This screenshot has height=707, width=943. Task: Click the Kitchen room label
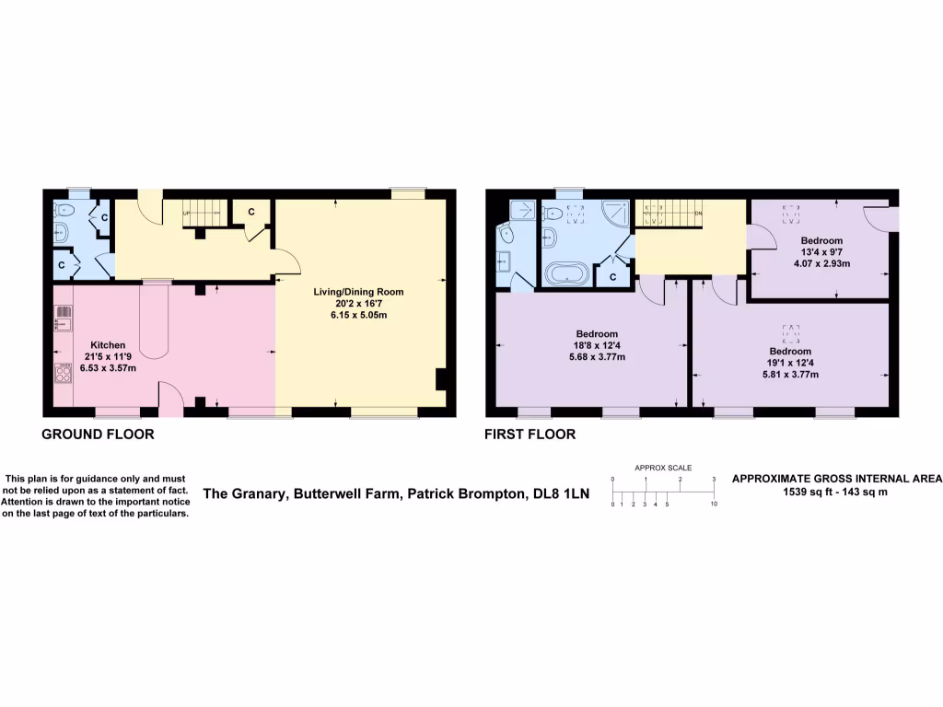click(108, 345)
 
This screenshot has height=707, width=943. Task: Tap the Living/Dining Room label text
click(358, 292)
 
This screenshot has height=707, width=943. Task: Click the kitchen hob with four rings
click(64, 374)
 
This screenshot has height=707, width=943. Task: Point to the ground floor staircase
click(204, 213)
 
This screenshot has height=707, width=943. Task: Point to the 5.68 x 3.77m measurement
click(597, 357)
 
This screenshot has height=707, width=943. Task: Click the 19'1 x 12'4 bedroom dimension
click(790, 363)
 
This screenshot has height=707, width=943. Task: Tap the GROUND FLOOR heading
click(98, 434)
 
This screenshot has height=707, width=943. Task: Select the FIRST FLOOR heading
click(530, 434)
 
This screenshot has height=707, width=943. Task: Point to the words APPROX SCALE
click(663, 468)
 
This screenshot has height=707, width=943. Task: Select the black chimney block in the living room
click(441, 379)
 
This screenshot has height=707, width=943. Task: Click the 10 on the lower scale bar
click(714, 505)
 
